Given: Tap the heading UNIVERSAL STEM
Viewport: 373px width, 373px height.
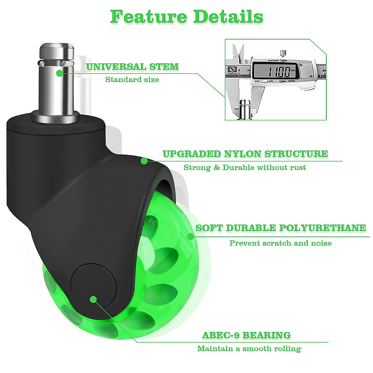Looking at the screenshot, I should [132, 67].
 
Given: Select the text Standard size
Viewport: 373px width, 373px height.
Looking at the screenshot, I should [132, 80].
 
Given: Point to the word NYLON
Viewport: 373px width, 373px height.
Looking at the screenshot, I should [242, 154].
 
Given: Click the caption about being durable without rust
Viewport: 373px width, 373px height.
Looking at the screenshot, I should [245, 168].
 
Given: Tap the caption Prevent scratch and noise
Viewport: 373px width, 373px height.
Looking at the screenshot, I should [280, 243].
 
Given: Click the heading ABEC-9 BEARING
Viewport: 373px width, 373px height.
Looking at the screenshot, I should [246, 335].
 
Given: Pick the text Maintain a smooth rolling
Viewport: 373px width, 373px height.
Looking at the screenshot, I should [249, 349].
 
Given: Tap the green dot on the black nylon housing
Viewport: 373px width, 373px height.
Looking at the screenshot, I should [144, 161].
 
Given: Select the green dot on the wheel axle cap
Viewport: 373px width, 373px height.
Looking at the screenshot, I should [93, 299].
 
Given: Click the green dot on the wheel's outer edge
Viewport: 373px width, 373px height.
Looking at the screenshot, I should [190, 237].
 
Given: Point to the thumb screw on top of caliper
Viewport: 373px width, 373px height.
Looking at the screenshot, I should [283, 53].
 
